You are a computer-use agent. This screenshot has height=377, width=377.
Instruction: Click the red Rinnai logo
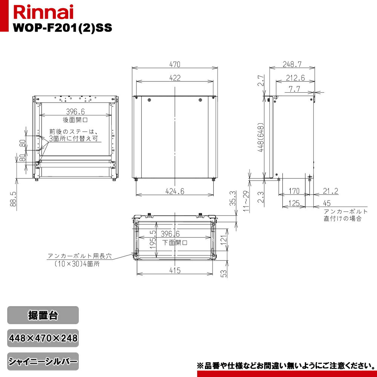(x=43, y=12)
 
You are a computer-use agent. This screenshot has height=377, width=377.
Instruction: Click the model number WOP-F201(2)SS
(x=63, y=28)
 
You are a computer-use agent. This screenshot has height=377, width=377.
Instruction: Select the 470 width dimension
(x=175, y=64)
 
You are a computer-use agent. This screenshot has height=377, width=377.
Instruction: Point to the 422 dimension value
(x=175, y=78)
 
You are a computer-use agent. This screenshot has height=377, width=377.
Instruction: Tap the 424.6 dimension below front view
(x=175, y=191)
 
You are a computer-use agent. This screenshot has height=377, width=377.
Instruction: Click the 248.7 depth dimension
(x=292, y=64)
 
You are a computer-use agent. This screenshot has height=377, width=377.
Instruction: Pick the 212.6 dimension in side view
(x=296, y=78)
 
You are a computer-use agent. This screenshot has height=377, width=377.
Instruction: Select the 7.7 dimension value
(x=294, y=89)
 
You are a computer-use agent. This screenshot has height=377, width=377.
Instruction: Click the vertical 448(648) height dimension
(x=261, y=138)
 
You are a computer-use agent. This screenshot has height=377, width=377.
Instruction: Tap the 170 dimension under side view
(x=294, y=191)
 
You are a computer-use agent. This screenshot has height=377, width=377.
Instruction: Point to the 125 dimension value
(x=294, y=204)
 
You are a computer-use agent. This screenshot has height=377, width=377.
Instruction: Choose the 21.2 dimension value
(x=331, y=191)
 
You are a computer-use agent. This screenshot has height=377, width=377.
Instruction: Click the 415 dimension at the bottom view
(x=175, y=270)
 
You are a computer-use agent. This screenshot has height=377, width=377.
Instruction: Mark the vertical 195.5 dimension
(x=153, y=239)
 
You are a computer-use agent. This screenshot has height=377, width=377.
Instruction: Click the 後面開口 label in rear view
(x=75, y=120)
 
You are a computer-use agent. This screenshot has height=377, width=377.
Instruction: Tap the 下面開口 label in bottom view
(x=175, y=242)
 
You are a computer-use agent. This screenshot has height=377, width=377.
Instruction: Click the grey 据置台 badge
(x=43, y=315)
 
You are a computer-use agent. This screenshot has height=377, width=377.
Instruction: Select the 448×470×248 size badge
(x=43, y=338)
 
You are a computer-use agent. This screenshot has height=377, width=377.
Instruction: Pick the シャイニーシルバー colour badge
(x=43, y=362)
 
